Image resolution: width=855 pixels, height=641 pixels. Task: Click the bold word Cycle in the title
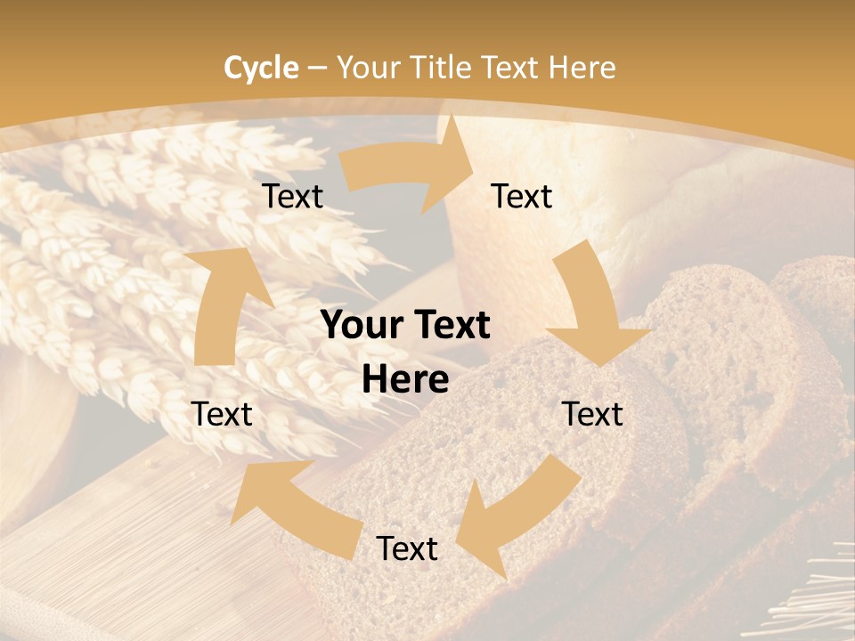tap(261, 68)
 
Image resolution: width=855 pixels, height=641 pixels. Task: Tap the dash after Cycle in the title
tap(317, 68)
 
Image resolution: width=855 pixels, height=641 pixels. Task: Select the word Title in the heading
tap(441, 68)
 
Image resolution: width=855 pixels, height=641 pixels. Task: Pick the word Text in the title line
tap(512, 68)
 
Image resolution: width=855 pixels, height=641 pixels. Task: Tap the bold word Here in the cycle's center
tap(405, 380)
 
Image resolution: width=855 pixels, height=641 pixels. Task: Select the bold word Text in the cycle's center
tap(449, 326)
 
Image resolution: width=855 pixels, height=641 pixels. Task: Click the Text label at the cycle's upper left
tap(292, 196)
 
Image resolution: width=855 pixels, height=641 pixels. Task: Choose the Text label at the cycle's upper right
tap(522, 196)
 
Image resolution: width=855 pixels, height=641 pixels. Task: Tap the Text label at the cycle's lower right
tap(592, 414)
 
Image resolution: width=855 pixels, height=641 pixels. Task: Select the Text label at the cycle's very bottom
tap(407, 548)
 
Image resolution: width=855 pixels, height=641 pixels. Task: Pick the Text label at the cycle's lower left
tap(222, 414)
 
